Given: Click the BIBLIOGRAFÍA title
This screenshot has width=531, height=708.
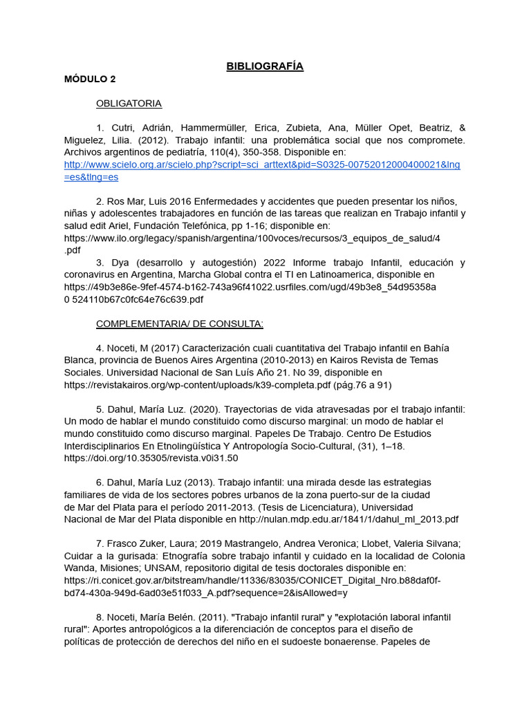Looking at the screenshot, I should [265, 66].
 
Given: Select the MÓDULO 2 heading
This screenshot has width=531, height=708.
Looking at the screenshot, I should [90, 79].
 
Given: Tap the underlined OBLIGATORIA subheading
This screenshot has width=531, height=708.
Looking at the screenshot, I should [129, 104].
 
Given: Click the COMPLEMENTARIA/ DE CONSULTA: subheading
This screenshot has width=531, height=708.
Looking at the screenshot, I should [179, 324].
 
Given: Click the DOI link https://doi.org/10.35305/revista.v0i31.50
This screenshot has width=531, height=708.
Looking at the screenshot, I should [151, 458].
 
